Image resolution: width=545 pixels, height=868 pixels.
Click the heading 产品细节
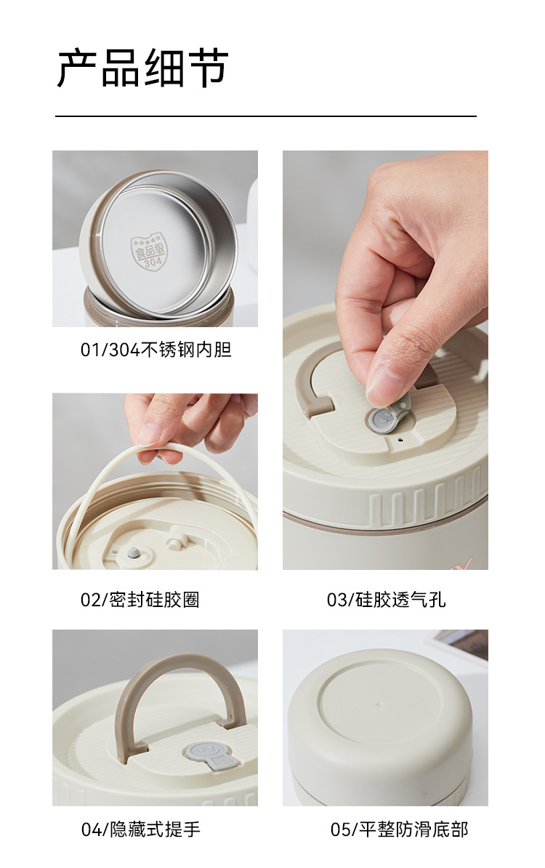[142, 68]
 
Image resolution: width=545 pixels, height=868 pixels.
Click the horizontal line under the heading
[265, 116]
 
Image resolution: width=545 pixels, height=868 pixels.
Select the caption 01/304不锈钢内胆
[156, 350]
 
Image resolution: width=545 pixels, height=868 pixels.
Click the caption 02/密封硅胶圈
[140, 600]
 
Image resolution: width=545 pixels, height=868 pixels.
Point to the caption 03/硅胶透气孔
[386, 600]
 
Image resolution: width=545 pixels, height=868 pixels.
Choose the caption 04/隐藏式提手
[140, 829]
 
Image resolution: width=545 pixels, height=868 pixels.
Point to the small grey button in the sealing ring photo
[134, 552]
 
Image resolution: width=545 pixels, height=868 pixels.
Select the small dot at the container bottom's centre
[379, 704]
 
